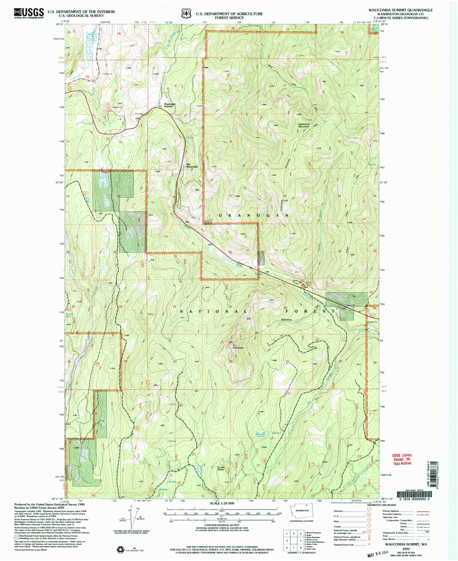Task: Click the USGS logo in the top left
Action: [29, 13]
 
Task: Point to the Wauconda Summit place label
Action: [169, 105]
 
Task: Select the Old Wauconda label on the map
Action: [192, 165]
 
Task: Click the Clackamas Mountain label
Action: [304, 125]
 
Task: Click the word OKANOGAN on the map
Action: [254, 215]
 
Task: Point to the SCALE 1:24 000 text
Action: [222, 503]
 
